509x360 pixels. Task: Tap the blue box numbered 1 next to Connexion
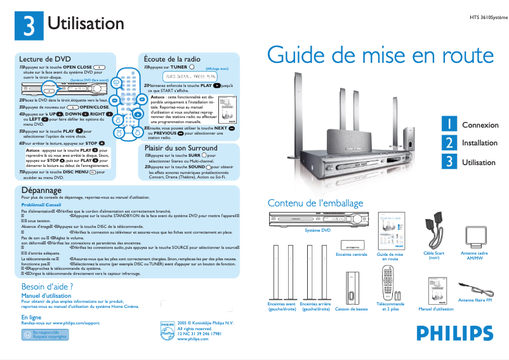coord(450,124)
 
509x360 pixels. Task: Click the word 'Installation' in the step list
coord(479,143)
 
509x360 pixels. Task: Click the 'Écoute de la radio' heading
coord(173,58)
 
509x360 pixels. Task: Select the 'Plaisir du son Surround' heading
coord(181,147)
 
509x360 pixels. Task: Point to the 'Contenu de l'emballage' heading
coord(315,203)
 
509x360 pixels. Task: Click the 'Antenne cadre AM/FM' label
coord(473,256)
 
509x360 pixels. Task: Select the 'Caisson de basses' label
coord(351,309)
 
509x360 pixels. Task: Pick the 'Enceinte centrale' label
coord(351,255)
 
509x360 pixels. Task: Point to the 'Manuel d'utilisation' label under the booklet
coord(436,309)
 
